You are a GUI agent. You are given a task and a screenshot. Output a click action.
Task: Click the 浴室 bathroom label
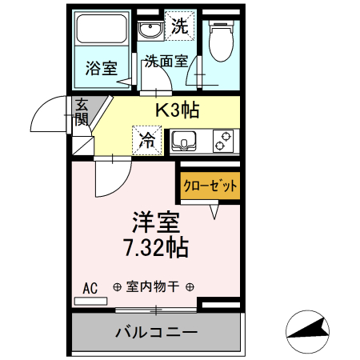point(102,69)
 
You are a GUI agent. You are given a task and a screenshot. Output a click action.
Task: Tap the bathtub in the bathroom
point(102,31)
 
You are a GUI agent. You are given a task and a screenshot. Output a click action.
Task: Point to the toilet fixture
point(218,36)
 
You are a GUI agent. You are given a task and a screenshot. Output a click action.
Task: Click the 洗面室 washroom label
point(166,61)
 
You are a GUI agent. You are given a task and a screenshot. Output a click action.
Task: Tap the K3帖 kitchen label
point(177,109)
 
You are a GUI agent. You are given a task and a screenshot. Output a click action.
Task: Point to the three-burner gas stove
point(223,141)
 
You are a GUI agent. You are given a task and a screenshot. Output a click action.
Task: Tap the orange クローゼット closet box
point(210,186)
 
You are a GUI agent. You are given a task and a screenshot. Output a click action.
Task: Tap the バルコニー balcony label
point(156,331)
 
